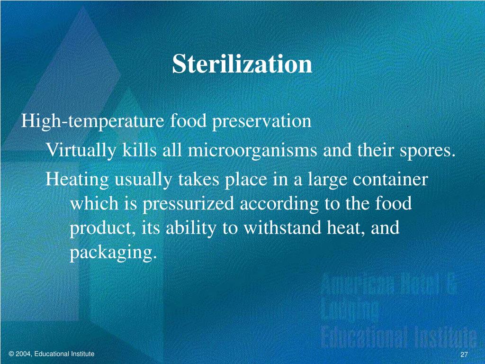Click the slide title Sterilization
(242, 64)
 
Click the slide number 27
(464, 356)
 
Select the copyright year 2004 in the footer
(25, 354)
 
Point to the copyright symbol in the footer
(11, 354)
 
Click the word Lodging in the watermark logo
(350, 311)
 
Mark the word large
(325, 181)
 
